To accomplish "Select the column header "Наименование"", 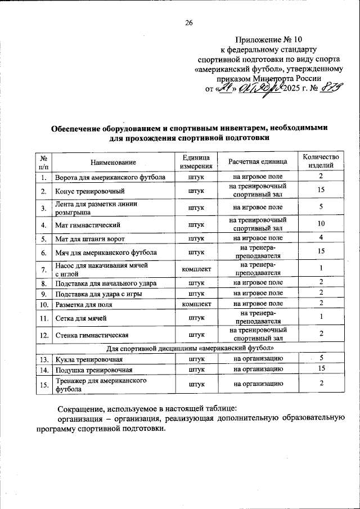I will [x=114, y=162].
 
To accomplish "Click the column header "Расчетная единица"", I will [x=258, y=162].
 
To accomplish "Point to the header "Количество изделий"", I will [x=321, y=161].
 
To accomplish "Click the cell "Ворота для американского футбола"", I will [x=110, y=177].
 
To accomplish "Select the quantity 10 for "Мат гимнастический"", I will [x=321, y=224].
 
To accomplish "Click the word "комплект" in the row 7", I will [x=196, y=269].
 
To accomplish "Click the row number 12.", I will [x=43, y=335].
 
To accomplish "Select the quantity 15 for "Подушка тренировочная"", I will [x=321, y=370].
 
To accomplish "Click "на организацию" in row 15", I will [x=258, y=384].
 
